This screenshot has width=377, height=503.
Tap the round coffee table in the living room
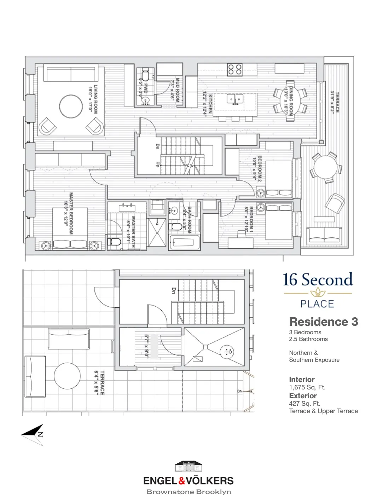(x=71, y=106)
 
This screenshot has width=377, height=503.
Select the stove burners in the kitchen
(x=234, y=69)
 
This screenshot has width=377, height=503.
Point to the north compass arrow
(x=34, y=434)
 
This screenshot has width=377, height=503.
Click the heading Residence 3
(x=323, y=322)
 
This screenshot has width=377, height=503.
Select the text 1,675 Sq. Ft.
(x=307, y=387)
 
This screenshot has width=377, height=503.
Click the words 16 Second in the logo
(x=317, y=280)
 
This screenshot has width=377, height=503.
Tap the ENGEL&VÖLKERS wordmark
(x=188, y=481)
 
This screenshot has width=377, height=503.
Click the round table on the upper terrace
(x=67, y=376)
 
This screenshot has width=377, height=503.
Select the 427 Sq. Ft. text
(x=304, y=403)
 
